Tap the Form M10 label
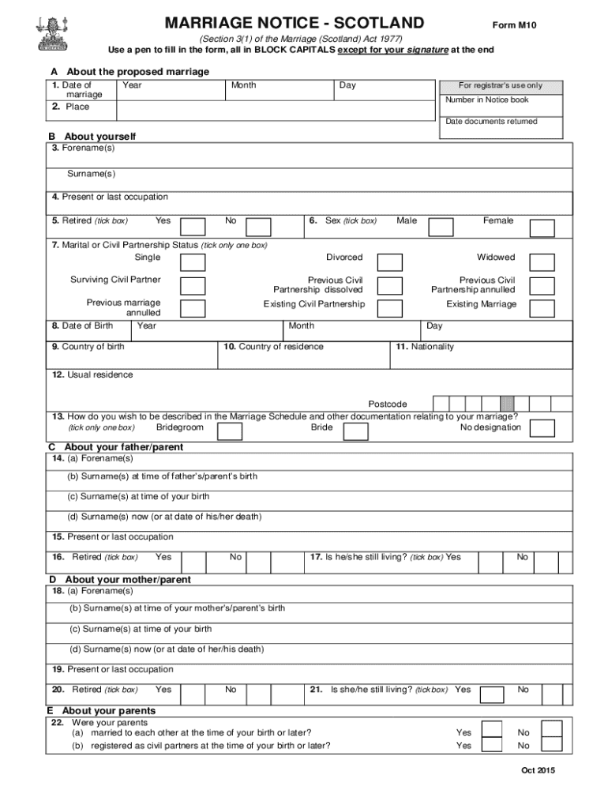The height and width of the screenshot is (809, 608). (x=515, y=25)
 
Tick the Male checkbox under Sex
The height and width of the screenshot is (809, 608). (x=441, y=228)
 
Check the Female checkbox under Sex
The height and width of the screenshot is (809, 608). (x=542, y=228)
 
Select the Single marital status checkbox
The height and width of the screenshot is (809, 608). (x=193, y=262)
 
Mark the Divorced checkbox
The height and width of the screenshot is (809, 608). (x=390, y=262)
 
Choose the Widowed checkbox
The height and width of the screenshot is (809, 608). (x=542, y=262)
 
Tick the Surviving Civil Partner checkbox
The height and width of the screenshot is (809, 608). (x=193, y=285)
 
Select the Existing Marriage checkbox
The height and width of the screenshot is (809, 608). (x=542, y=308)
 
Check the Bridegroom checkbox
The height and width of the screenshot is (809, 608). (x=230, y=431)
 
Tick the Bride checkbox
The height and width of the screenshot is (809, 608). (x=356, y=431)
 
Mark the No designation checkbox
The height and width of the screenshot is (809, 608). (x=542, y=428)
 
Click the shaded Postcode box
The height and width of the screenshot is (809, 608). (x=507, y=403)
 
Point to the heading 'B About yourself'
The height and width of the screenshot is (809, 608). (x=92, y=137)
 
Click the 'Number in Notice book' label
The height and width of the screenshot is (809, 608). (x=486, y=100)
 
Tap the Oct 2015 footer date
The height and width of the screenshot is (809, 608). (x=538, y=771)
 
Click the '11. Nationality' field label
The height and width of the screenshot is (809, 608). (x=425, y=347)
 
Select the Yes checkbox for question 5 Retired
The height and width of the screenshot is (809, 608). (x=193, y=228)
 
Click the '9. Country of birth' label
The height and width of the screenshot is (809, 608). (x=88, y=347)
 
